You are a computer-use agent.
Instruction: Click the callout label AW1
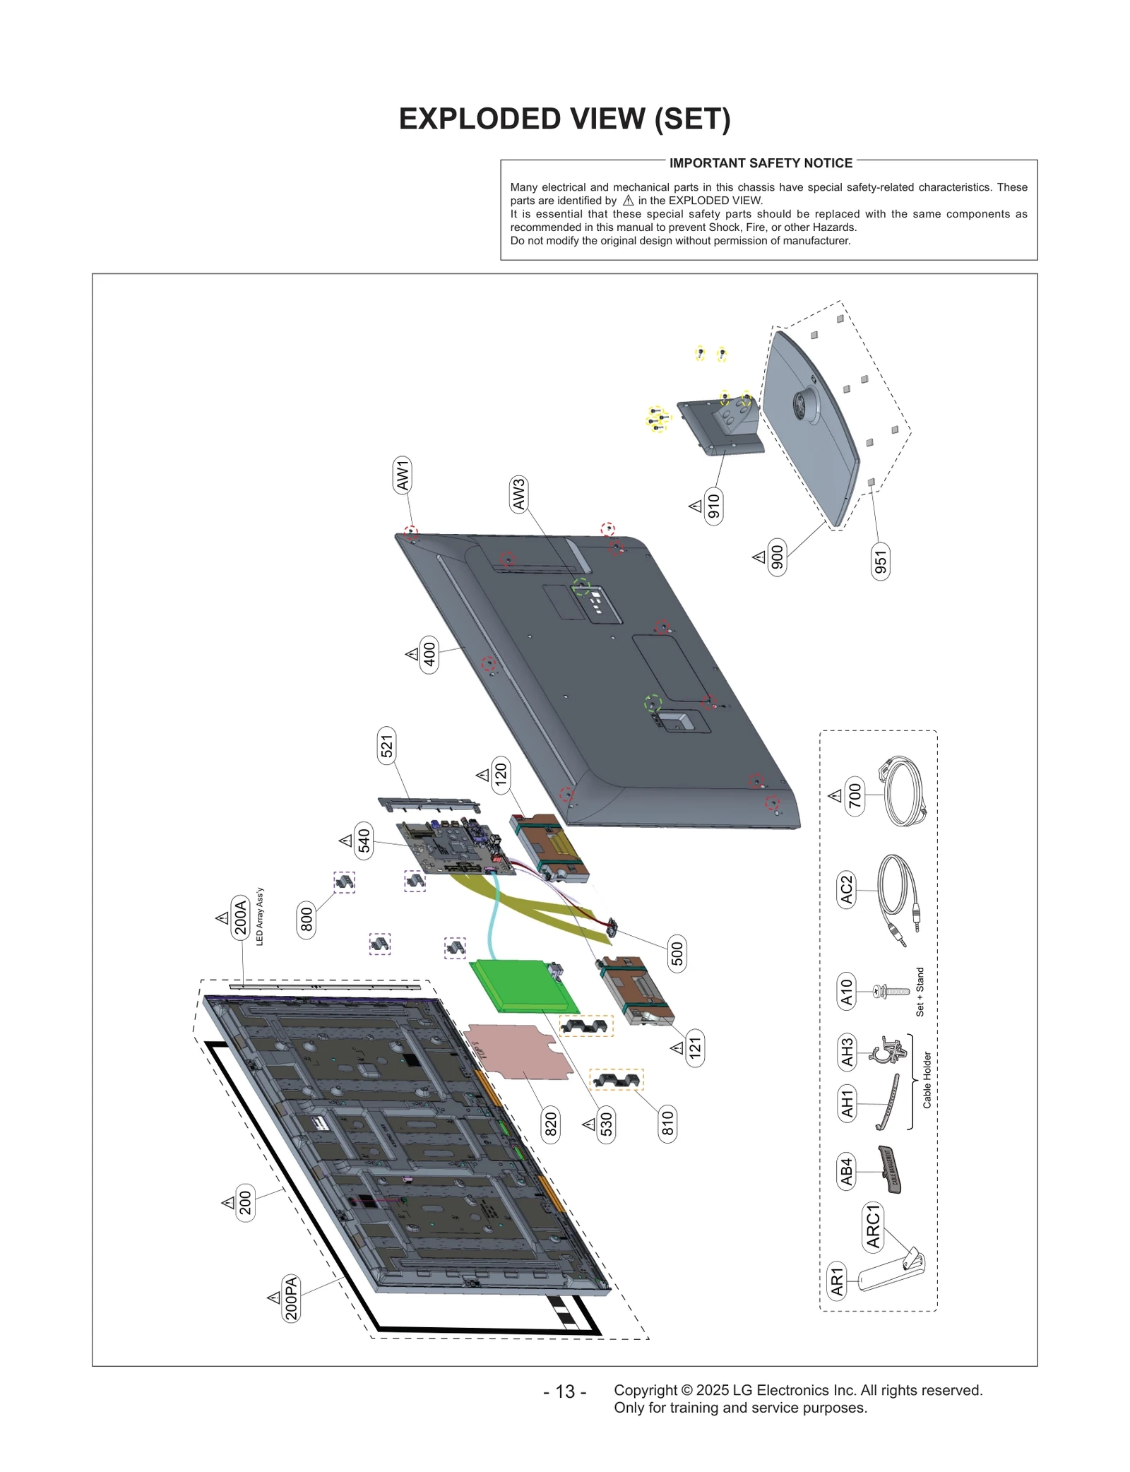click(x=403, y=475)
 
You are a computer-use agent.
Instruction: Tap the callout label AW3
click(x=519, y=494)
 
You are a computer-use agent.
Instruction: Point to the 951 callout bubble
click(x=880, y=562)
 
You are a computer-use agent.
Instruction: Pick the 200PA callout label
click(x=291, y=1298)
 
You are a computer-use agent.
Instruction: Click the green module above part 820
click(x=523, y=986)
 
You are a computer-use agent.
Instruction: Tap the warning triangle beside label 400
click(x=412, y=654)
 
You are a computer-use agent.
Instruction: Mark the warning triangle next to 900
click(x=759, y=557)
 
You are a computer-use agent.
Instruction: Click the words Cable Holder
click(x=927, y=1080)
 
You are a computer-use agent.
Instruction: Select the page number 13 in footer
click(x=564, y=1391)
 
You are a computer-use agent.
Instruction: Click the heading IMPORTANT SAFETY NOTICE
click(x=761, y=163)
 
